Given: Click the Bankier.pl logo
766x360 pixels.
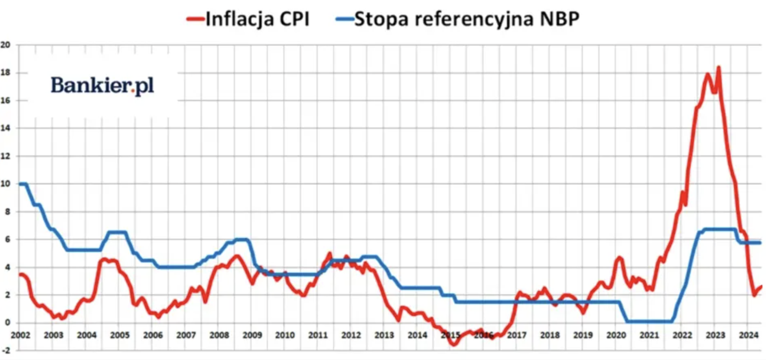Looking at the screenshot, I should (102, 85).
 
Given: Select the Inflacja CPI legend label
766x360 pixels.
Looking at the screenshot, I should (257, 19).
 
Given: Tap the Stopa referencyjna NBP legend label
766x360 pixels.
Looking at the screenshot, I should (467, 19).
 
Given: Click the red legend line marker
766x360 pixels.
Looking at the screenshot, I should (195, 19).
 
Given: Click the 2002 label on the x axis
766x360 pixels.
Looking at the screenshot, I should (20, 335).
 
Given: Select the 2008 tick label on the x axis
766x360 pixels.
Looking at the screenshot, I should (219, 335).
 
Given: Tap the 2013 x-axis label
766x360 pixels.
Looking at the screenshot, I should (384, 335).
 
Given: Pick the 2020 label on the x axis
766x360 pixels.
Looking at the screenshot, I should (616, 335).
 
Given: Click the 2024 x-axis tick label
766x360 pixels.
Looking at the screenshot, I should (749, 335).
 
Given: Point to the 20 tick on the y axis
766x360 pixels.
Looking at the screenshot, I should (5, 45).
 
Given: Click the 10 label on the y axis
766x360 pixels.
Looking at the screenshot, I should (5, 184).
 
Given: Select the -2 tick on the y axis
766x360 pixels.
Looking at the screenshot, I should (5, 350).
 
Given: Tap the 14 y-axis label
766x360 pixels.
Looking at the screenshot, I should (5, 128).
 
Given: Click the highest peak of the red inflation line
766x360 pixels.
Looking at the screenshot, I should (718, 67).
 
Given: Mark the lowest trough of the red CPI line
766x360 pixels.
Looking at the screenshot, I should (454, 345).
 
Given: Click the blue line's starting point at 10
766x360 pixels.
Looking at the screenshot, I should (20, 184).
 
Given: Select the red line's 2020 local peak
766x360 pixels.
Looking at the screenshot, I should (619, 257).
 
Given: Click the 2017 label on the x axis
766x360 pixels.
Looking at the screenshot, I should (517, 335).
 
